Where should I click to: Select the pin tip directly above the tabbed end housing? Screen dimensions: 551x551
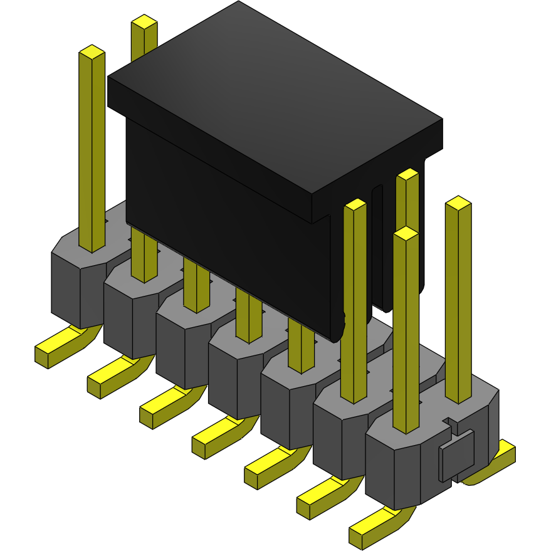tap(406, 233)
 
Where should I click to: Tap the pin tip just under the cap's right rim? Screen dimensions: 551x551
tap(407, 175)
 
